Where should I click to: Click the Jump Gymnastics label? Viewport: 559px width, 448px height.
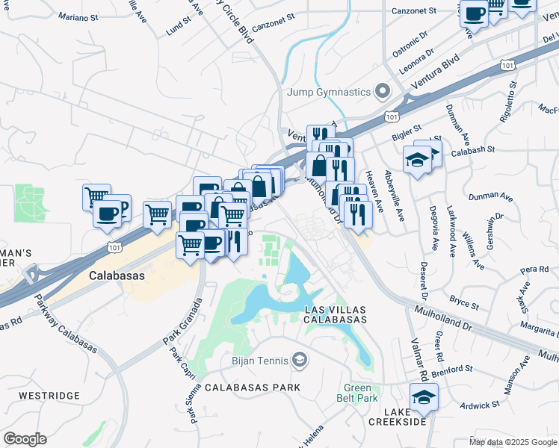[x=329, y=92]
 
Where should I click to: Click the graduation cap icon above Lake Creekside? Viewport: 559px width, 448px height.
[x=424, y=396]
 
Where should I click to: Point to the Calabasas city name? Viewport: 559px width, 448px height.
[x=116, y=275]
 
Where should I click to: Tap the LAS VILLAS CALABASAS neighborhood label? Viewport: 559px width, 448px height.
[x=335, y=314]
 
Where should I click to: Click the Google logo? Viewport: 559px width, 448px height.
[x=25, y=439]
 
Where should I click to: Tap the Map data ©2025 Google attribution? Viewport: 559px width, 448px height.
[x=512, y=442]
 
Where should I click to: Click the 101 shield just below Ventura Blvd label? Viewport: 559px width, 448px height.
[x=391, y=116]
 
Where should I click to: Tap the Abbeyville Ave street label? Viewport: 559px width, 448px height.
[x=393, y=196]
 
